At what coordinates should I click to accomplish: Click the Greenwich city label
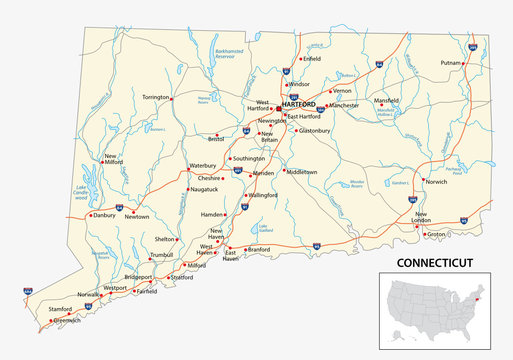(x=67, y=321)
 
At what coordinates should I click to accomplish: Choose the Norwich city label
(x=436, y=182)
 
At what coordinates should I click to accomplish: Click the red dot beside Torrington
(x=172, y=98)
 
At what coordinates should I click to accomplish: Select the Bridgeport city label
(x=138, y=276)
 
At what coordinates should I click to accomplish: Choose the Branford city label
(x=259, y=249)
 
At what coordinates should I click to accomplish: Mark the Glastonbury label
(x=314, y=130)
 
